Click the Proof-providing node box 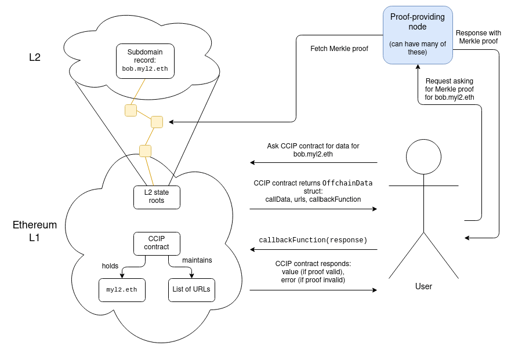(x=418, y=34)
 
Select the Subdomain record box (x=145, y=60)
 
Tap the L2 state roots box (x=157, y=197)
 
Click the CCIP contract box (x=157, y=242)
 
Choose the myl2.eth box (x=122, y=289)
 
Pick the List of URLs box (x=191, y=289)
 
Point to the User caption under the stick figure (x=423, y=286)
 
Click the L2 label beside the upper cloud (x=35, y=57)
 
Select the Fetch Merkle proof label (x=340, y=49)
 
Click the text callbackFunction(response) (x=313, y=240)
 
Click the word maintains (x=197, y=260)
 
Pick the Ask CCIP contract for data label (x=313, y=150)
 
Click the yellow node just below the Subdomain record (x=131, y=110)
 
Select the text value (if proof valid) (x=313, y=272)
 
